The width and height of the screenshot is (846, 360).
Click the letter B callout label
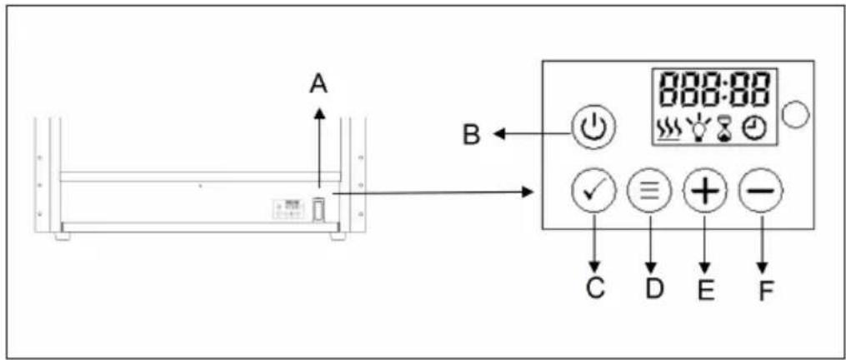[472, 134]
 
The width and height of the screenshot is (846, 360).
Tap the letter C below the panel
[595, 289]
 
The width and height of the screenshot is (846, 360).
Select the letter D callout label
[654, 289]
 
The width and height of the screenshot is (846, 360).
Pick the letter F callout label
[766, 291]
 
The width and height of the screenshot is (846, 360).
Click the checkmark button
[593, 191]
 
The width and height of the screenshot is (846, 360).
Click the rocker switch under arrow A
[318, 207]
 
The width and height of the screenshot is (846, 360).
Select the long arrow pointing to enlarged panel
[433, 192]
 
